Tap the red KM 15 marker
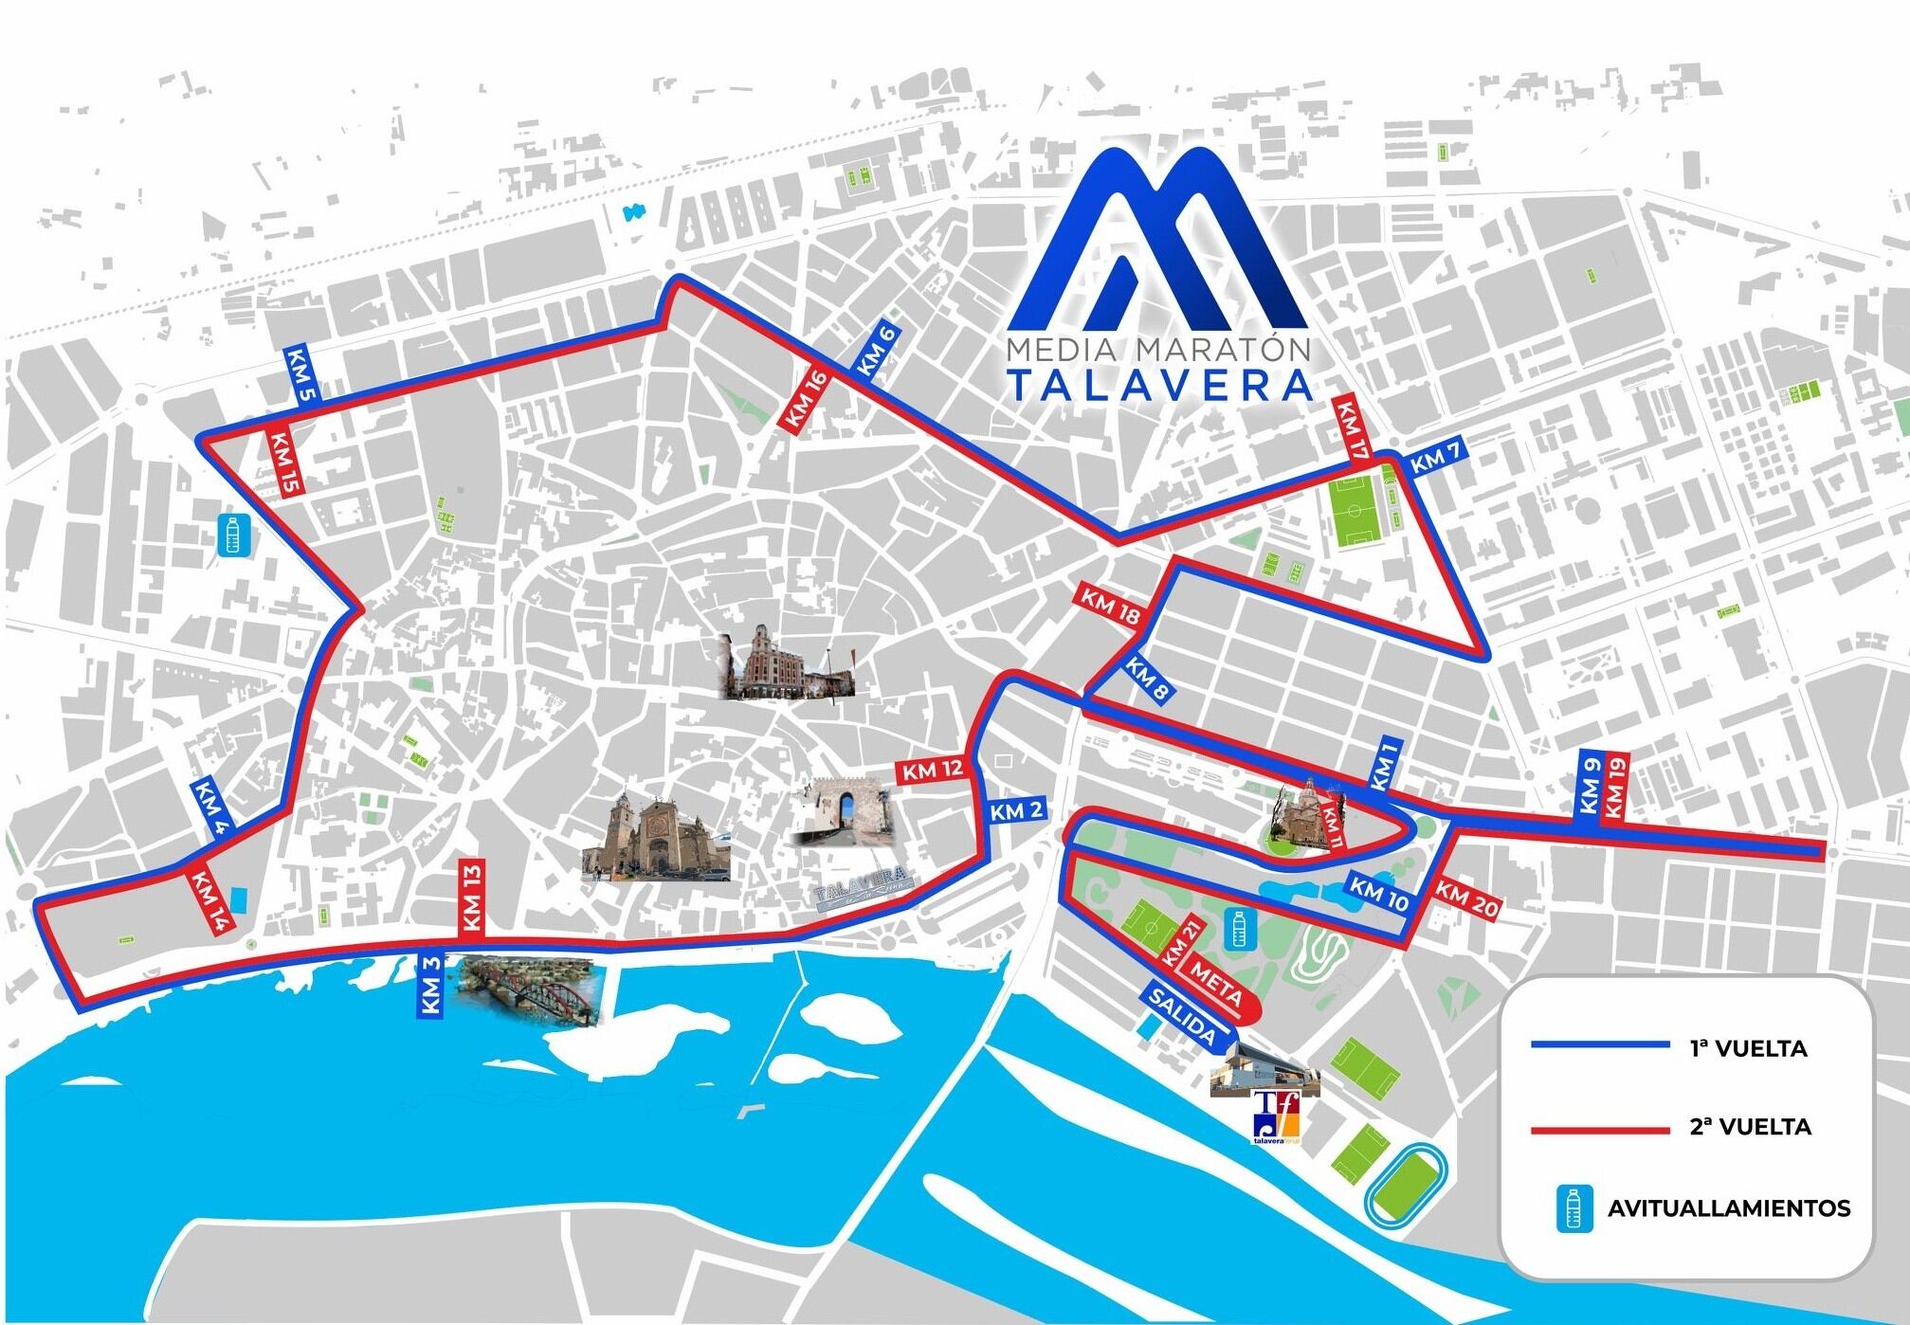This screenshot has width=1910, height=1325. point(282,464)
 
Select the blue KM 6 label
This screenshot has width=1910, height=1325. point(877,353)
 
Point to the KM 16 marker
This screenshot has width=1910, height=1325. point(805,401)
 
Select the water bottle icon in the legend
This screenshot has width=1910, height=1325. point(1575,1208)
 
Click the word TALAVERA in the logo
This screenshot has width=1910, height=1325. point(1160,386)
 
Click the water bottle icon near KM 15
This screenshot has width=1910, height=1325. point(233,535)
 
